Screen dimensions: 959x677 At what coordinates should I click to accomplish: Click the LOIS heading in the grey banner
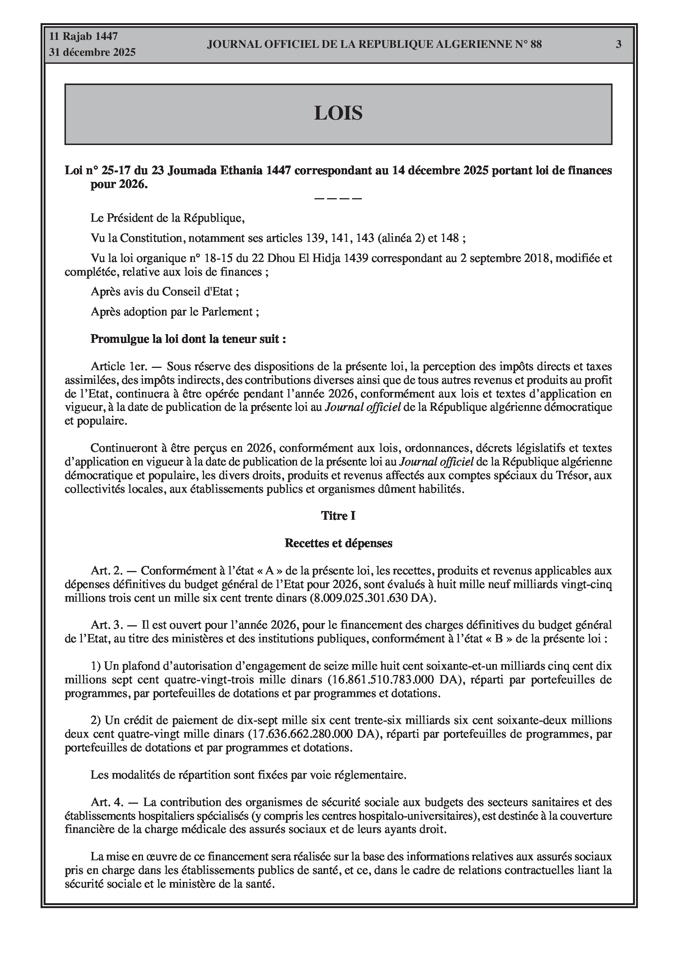338,113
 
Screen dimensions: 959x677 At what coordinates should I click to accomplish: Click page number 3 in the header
619,44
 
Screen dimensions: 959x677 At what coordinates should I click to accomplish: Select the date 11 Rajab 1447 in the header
83,36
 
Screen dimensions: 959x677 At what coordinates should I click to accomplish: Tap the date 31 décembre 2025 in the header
92,52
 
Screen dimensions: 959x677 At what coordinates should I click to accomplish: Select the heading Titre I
338,516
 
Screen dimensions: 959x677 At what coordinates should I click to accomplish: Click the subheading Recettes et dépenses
338,543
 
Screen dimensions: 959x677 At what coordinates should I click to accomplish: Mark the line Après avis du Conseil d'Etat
165,292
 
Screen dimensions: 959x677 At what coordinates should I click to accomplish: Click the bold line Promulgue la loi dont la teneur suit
188,339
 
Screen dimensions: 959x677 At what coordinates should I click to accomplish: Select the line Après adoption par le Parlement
174,312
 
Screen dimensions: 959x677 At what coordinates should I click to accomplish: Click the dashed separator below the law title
338,198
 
